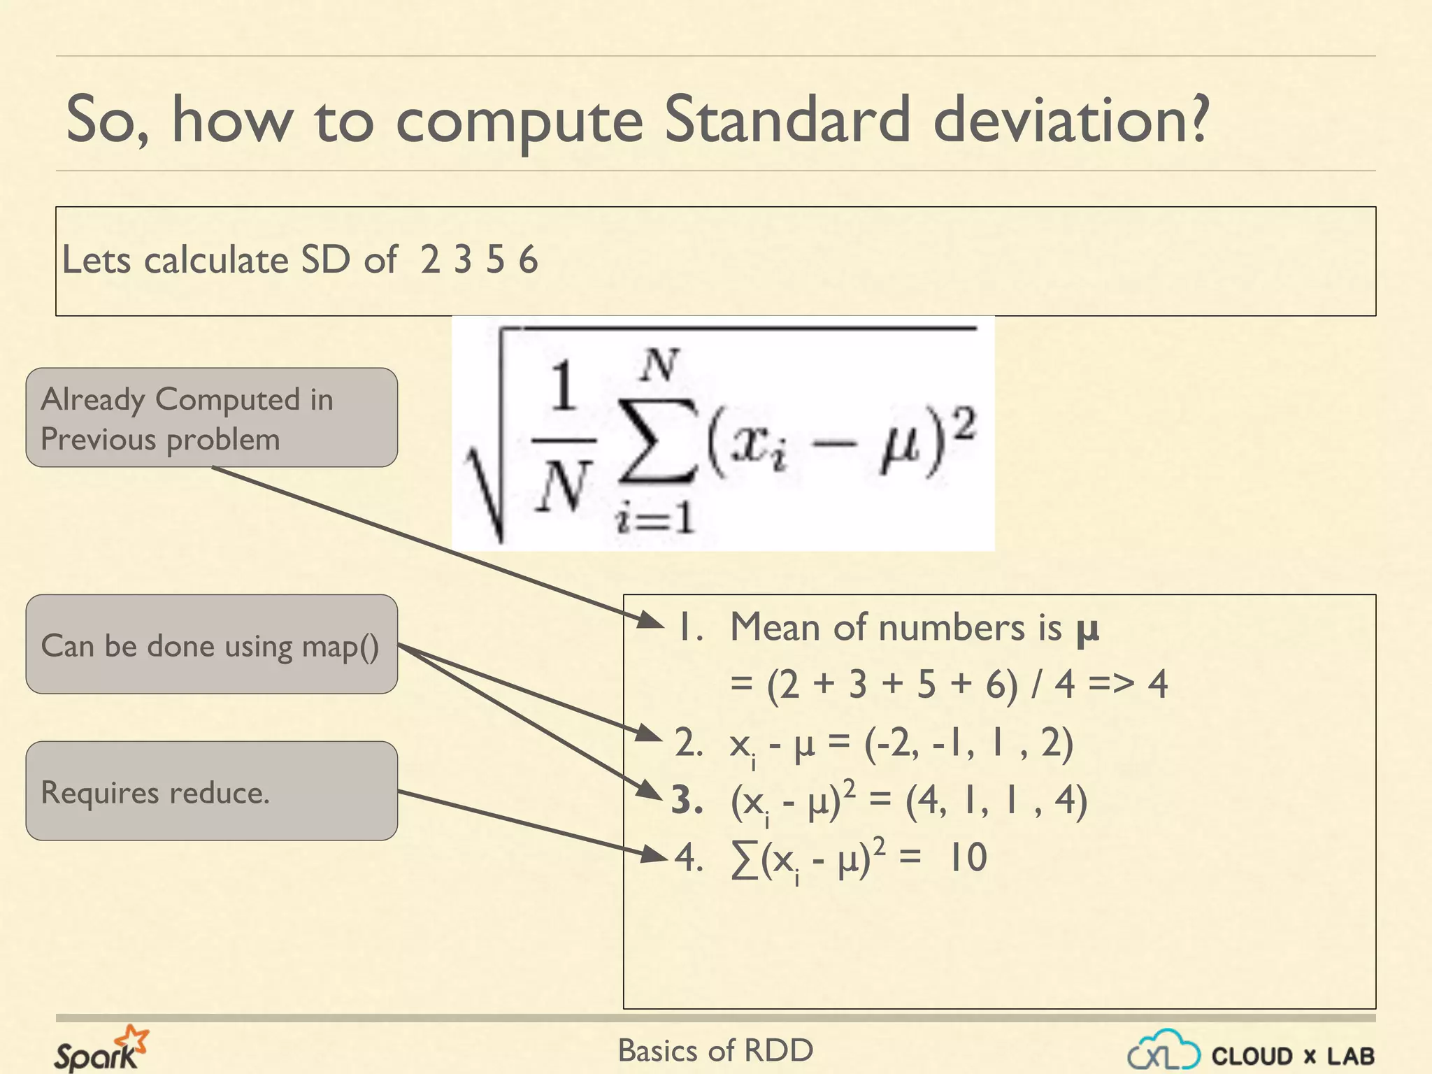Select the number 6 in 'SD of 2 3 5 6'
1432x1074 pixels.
click(529, 260)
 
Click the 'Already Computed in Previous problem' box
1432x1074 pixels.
click(212, 417)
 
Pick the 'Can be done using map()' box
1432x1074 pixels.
click(212, 644)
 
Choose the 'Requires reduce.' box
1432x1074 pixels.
click(212, 791)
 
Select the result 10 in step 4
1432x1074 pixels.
click(968, 857)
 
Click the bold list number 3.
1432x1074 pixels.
click(687, 800)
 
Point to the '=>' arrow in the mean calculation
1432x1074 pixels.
click(1111, 683)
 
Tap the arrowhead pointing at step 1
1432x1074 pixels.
click(651, 620)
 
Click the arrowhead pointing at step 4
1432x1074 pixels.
click(654, 854)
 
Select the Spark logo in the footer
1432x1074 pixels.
click(102, 1048)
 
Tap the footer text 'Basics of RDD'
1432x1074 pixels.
click(715, 1050)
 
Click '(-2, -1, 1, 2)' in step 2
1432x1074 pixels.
click(968, 743)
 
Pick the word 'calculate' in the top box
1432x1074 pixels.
click(216, 260)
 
